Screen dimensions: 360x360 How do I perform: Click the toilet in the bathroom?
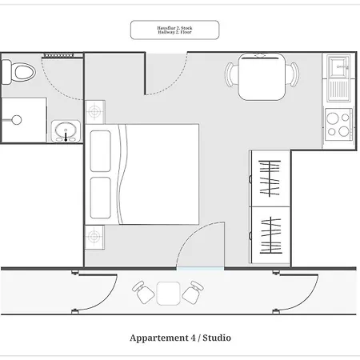18,72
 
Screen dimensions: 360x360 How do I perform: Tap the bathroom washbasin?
66,131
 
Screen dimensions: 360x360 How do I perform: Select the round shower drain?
17,120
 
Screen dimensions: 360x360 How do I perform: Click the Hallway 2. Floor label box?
174,30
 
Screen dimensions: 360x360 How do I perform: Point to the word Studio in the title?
217,338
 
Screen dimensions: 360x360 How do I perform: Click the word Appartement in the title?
159,338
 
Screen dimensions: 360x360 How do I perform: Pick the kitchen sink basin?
338,67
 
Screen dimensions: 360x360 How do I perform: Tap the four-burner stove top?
338,125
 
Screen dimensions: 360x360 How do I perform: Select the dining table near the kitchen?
262,77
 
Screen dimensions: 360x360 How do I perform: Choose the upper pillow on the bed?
101,151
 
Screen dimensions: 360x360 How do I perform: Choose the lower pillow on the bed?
101,198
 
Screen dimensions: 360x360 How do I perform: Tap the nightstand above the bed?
95,112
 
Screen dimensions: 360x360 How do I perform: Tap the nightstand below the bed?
94,237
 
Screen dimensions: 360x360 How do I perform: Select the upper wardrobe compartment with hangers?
270,178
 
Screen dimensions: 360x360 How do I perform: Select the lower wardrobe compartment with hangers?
270,235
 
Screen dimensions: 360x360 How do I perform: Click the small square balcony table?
168,294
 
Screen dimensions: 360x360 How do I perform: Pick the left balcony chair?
143,292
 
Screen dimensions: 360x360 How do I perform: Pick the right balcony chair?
193,292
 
